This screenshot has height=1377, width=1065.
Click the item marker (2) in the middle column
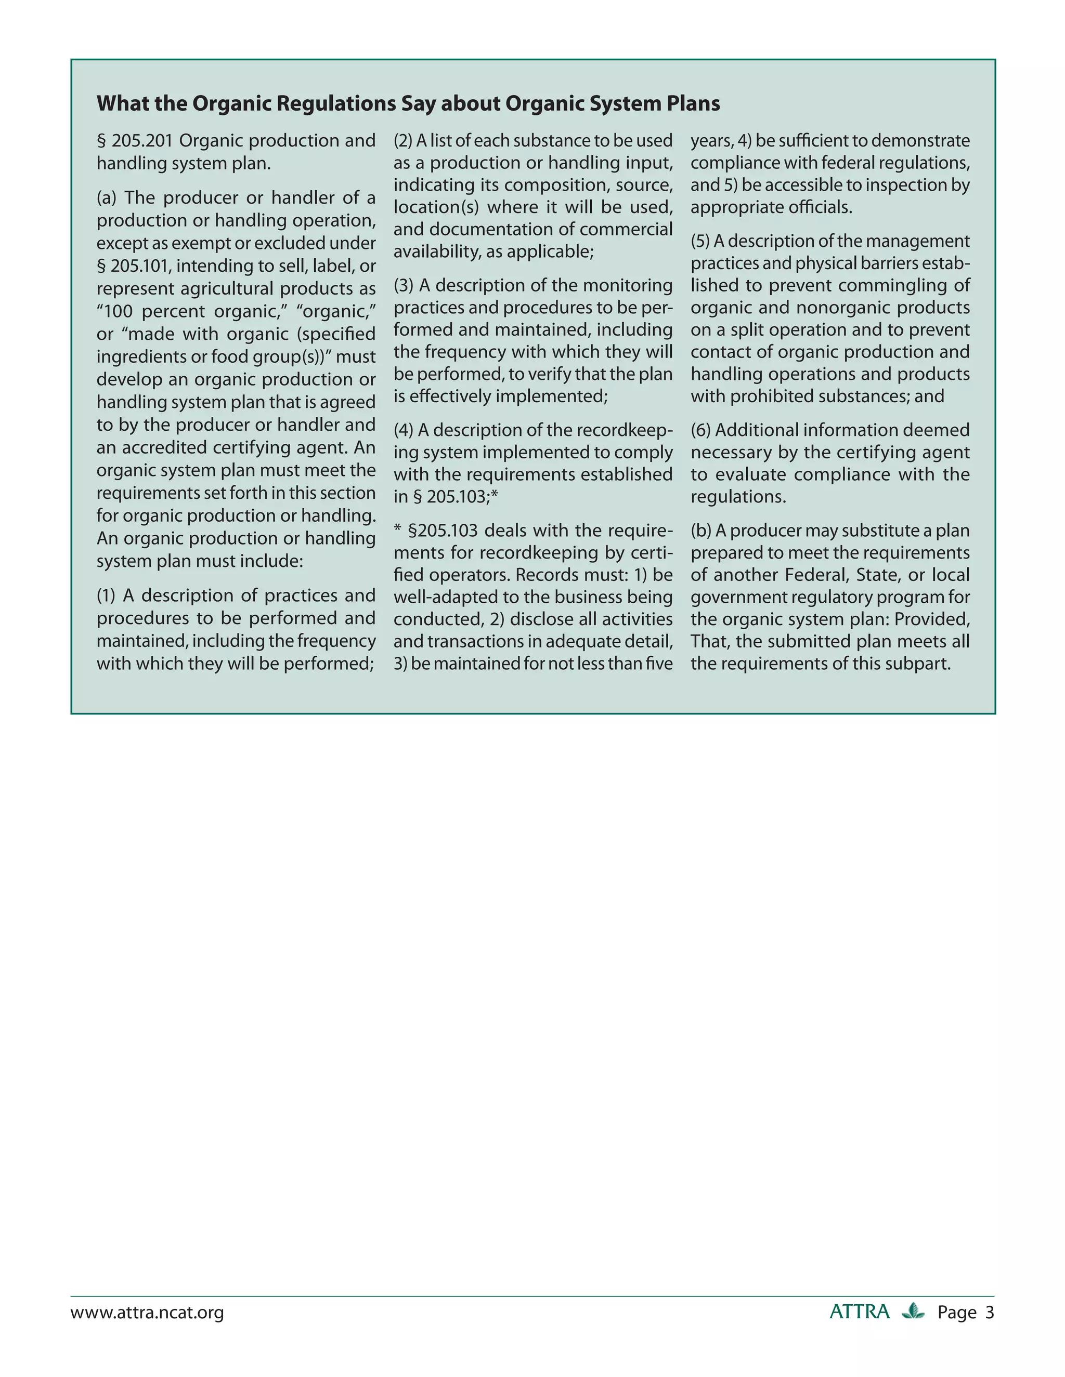[402, 141]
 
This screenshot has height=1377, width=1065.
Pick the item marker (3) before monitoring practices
[403, 286]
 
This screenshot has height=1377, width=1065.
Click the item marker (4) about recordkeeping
[403, 431]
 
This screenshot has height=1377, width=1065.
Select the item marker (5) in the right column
[700, 242]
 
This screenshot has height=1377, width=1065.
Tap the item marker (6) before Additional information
[700, 431]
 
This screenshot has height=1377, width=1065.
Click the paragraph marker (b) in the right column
[700, 531]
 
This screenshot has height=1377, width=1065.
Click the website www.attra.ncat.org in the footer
[147, 1313]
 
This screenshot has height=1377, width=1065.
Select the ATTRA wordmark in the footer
[859, 1312]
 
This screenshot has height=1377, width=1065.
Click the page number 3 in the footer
[989, 1313]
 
